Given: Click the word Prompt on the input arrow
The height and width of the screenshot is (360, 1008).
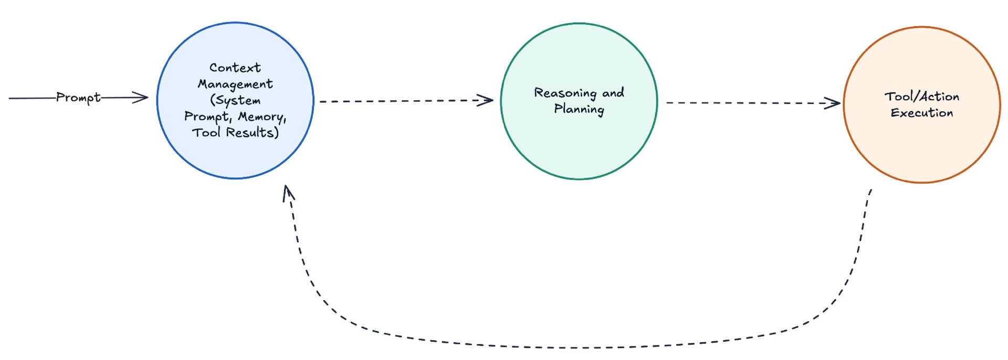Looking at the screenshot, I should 78,98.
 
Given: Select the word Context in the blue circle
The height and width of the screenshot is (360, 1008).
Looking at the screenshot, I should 235,68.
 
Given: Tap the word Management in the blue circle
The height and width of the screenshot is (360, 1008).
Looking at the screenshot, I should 235,84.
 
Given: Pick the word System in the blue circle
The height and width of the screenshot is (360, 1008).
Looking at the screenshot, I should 238,100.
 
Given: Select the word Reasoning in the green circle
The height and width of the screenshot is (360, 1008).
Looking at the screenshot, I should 565,93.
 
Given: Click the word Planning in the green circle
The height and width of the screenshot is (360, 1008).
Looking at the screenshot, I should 579,109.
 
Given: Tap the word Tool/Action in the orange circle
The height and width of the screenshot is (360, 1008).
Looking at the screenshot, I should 921,97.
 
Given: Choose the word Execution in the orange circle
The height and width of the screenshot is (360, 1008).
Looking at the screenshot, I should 921,113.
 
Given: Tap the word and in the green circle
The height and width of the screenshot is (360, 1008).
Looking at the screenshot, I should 613,93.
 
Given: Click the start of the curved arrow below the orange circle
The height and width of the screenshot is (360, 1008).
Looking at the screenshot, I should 870,191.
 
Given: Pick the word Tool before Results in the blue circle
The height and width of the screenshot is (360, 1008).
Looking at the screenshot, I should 206,133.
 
